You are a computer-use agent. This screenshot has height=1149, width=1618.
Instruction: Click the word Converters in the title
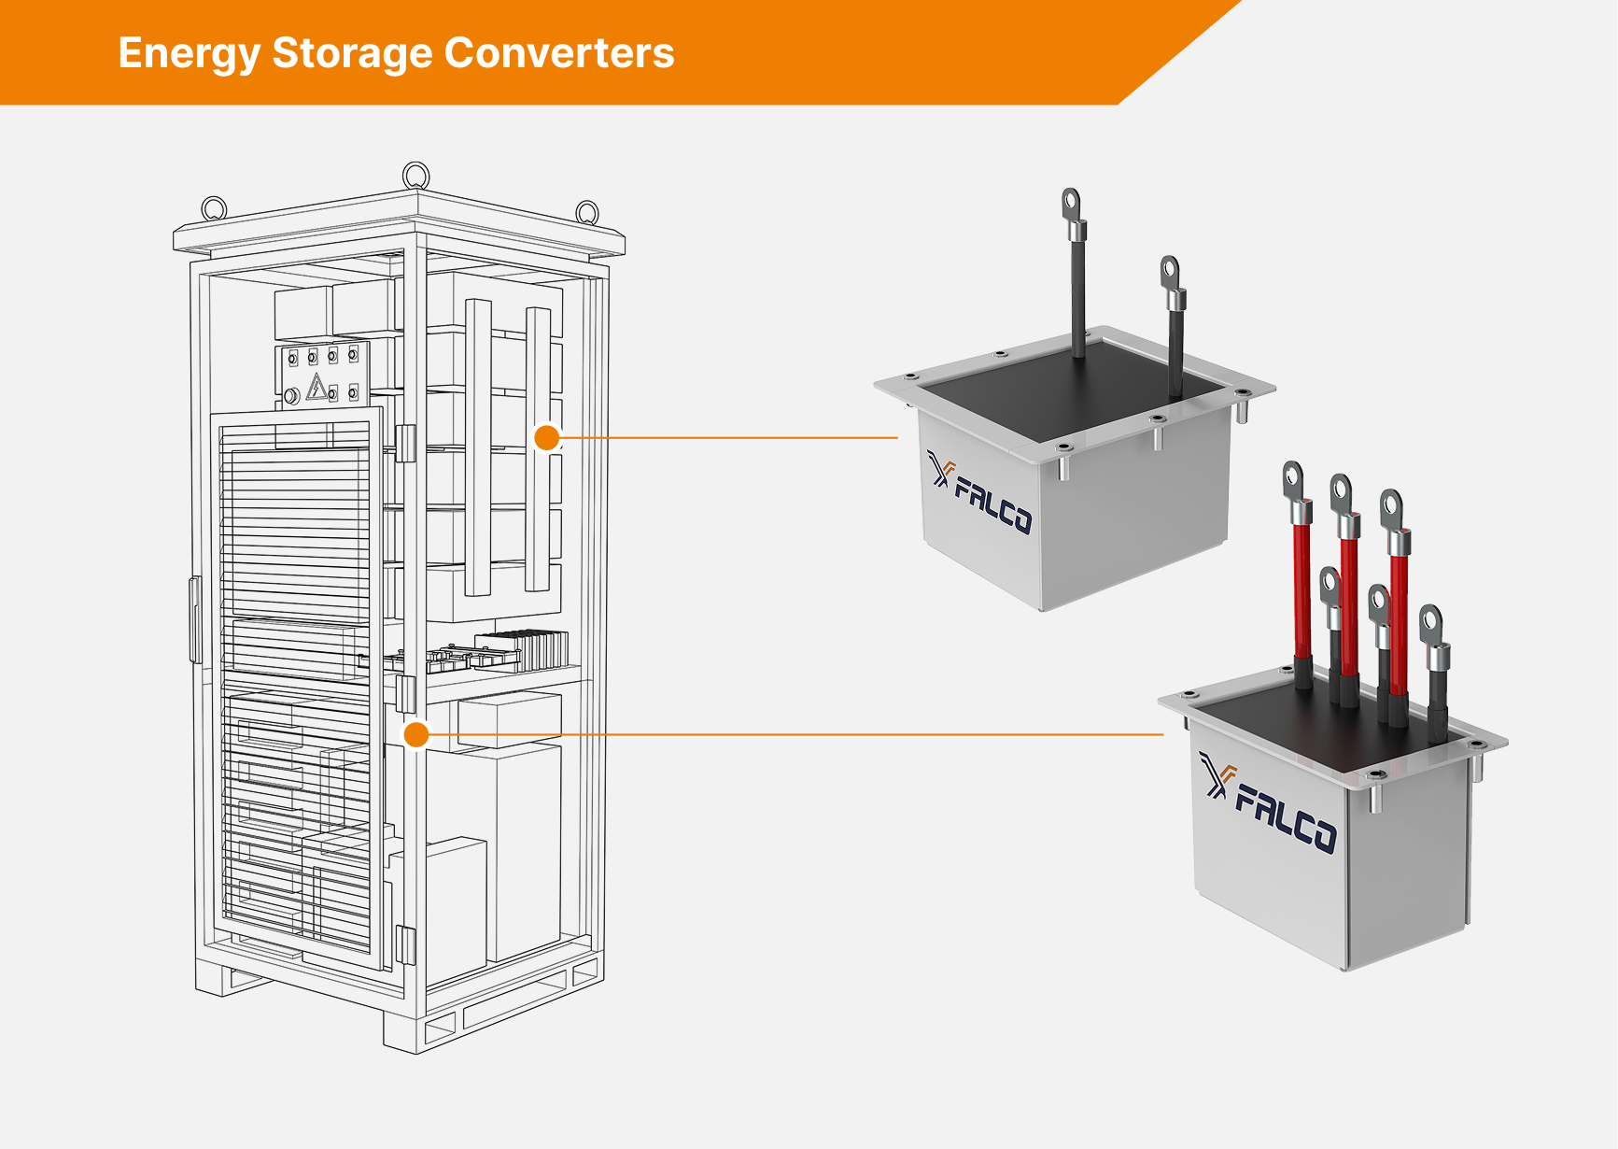[558, 53]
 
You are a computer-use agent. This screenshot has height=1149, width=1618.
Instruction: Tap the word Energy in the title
[188, 53]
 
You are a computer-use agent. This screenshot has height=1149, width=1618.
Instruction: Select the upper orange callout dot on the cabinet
[546, 437]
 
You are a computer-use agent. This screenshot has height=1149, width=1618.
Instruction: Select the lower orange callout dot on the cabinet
[416, 735]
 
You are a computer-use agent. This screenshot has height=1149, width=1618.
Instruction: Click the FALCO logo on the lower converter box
[1269, 805]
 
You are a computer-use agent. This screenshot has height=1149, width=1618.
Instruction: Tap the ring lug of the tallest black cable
[1071, 202]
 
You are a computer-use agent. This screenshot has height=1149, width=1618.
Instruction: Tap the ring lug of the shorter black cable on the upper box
[1170, 273]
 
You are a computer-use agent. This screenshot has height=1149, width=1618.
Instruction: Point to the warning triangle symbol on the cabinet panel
[317, 387]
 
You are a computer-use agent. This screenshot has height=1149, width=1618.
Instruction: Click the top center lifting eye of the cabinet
[415, 175]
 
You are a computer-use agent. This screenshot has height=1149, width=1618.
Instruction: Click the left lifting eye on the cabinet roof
[214, 208]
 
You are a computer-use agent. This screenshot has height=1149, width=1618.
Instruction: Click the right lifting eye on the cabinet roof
[586, 212]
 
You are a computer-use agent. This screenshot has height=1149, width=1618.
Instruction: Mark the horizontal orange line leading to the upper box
[728, 437]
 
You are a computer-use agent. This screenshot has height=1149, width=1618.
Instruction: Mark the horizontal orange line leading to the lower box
[794, 735]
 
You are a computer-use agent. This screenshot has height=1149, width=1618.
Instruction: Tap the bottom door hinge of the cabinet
[405, 945]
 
